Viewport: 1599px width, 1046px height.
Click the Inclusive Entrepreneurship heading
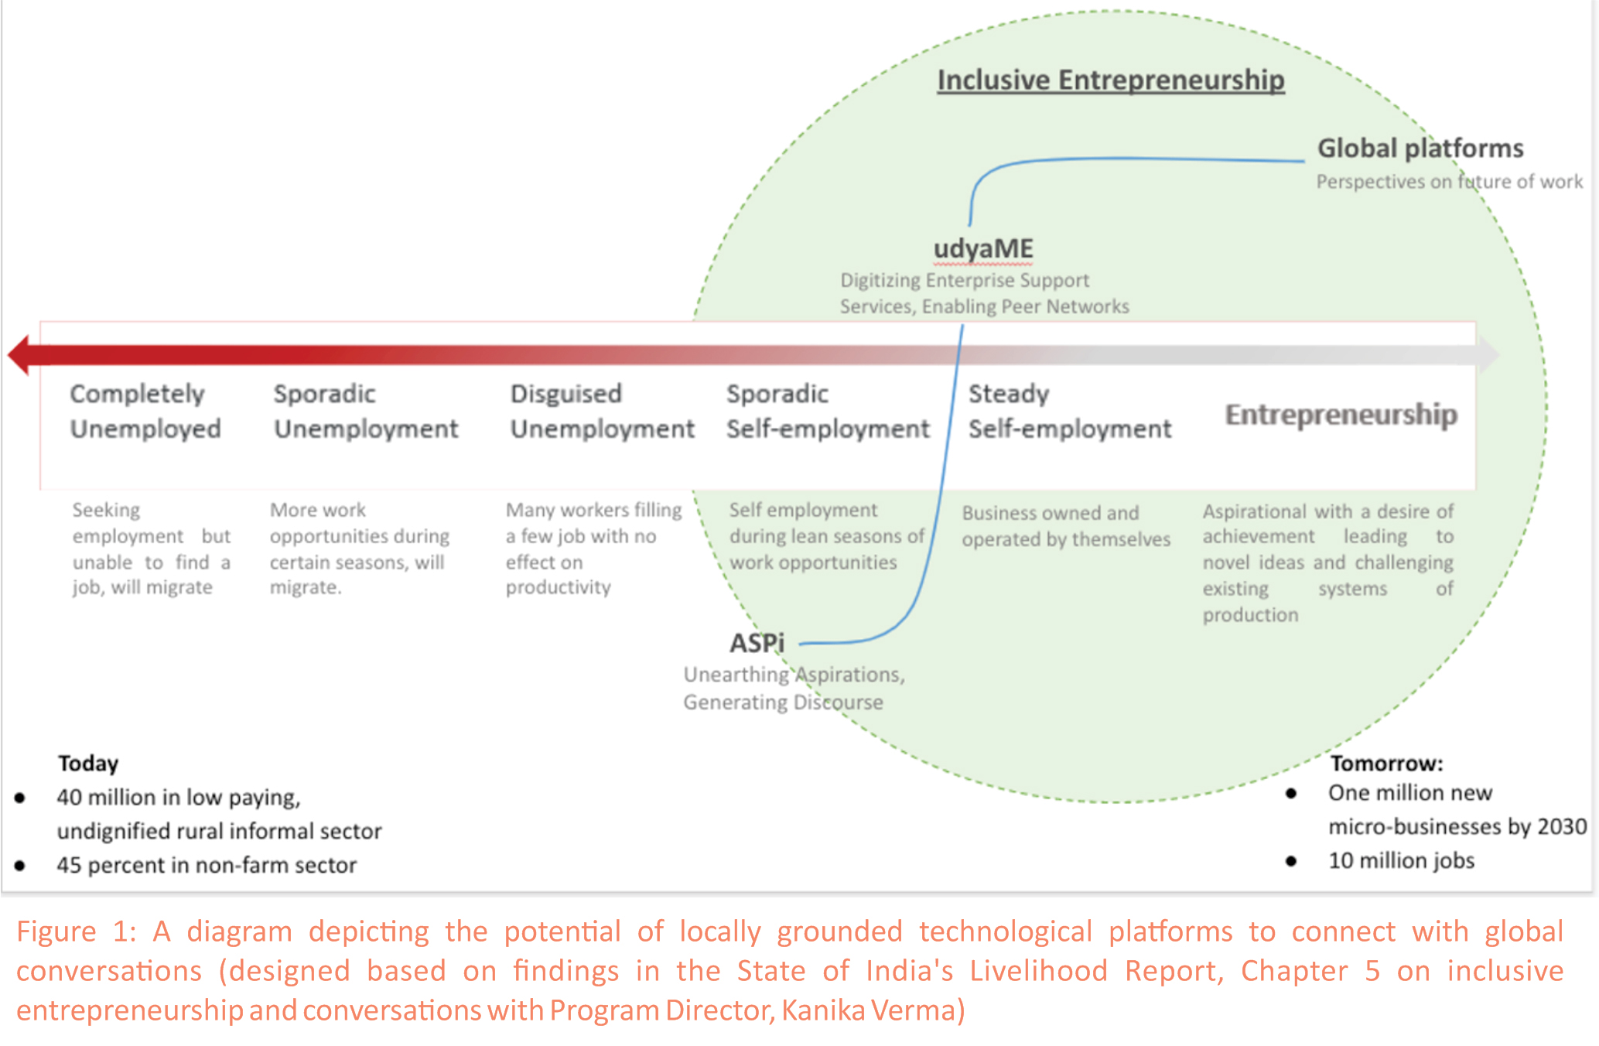click(x=1111, y=80)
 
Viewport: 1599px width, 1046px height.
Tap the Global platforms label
click(x=1420, y=148)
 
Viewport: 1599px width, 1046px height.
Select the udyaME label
click(x=983, y=249)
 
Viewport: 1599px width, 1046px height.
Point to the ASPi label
click(x=757, y=642)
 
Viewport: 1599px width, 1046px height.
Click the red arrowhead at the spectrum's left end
click(x=19, y=355)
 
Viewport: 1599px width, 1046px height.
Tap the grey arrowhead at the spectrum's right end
click(x=1488, y=355)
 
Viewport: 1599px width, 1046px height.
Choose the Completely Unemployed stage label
click(x=145, y=411)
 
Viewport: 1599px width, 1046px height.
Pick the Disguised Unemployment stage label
click(x=602, y=411)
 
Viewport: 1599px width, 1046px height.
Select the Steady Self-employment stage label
click(x=1070, y=411)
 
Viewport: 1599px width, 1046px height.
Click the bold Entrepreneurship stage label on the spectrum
click(x=1341, y=415)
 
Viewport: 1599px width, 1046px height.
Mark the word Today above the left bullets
click(x=88, y=764)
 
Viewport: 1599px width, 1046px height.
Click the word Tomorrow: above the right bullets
click(x=1386, y=764)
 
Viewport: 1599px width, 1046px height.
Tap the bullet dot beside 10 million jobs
click(x=1291, y=861)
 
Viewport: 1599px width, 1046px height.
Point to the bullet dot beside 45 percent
click(x=20, y=866)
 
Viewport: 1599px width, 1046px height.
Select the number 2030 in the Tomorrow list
click(x=1562, y=827)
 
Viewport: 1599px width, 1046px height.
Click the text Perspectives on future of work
click(x=1450, y=182)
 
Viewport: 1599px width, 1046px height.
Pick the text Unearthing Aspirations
click(x=794, y=675)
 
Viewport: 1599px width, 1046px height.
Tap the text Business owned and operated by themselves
click(x=1066, y=526)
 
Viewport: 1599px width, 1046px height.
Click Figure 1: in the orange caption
click(x=76, y=931)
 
